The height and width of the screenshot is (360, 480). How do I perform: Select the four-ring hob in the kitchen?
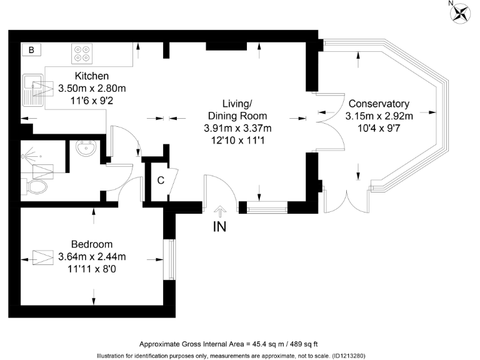(x=81, y=54)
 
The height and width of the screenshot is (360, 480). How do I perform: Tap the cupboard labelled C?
(x=161, y=181)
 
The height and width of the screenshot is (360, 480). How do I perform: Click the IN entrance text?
(x=220, y=227)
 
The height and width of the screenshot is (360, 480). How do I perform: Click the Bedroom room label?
(x=92, y=244)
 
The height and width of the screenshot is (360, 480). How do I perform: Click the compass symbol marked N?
(x=462, y=13)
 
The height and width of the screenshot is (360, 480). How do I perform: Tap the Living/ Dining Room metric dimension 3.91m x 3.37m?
(x=237, y=128)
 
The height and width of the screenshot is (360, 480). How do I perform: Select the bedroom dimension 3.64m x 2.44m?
(x=92, y=257)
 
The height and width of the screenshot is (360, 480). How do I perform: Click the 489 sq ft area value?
(x=302, y=344)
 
